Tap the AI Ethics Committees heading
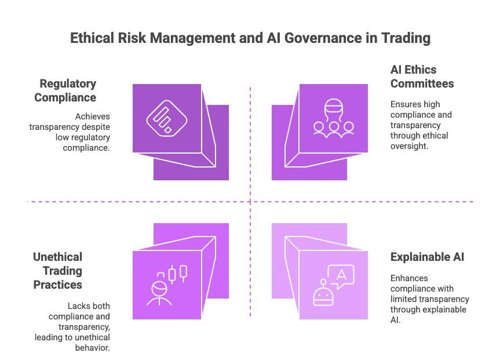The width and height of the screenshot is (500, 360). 421,77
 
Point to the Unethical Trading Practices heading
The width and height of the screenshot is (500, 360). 58,271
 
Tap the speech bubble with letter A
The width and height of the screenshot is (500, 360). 341,275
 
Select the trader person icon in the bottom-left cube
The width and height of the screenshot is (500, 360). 159,293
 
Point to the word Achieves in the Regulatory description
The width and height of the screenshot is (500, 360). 93,116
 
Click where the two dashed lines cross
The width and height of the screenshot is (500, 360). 250,202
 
